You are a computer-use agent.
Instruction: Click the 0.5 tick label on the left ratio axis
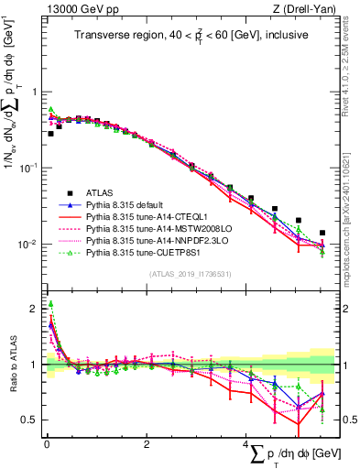pos(30,420)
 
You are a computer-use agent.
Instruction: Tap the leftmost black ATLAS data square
pos(51,134)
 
